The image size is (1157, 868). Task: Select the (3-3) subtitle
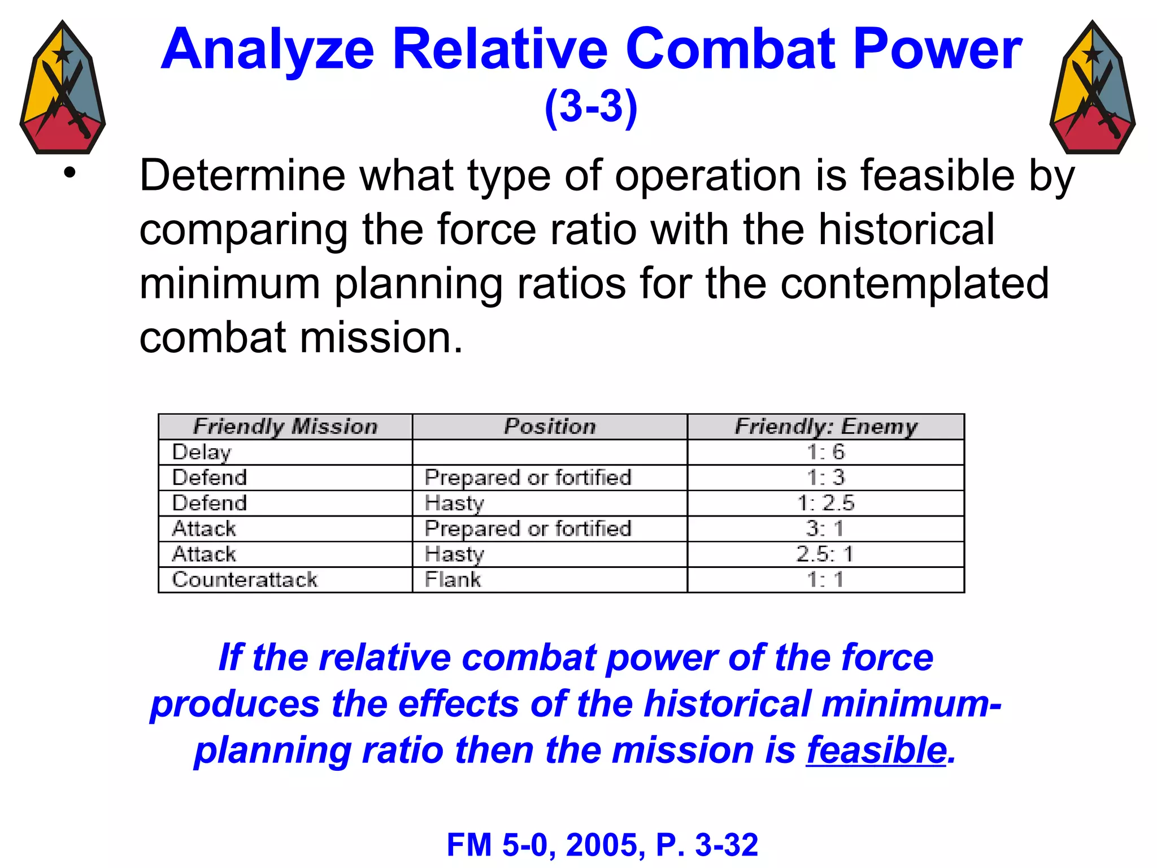[x=591, y=106]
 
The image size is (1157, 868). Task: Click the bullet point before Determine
[x=69, y=173]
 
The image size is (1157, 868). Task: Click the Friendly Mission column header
[x=285, y=427]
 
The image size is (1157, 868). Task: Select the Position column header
[x=550, y=427]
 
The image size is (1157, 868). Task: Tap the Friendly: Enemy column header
[x=826, y=427]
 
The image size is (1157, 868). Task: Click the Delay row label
[x=202, y=452]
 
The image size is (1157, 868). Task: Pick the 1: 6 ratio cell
[x=826, y=452]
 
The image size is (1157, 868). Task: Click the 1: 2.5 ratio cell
[x=826, y=503]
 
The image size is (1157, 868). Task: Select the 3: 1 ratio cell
[x=825, y=528]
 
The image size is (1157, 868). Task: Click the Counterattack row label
[x=245, y=579]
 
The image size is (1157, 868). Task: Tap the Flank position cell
[x=453, y=579]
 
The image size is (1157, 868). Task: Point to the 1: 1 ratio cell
[x=825, y=579]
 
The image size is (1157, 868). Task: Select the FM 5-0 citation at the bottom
[x=602, y=845]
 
